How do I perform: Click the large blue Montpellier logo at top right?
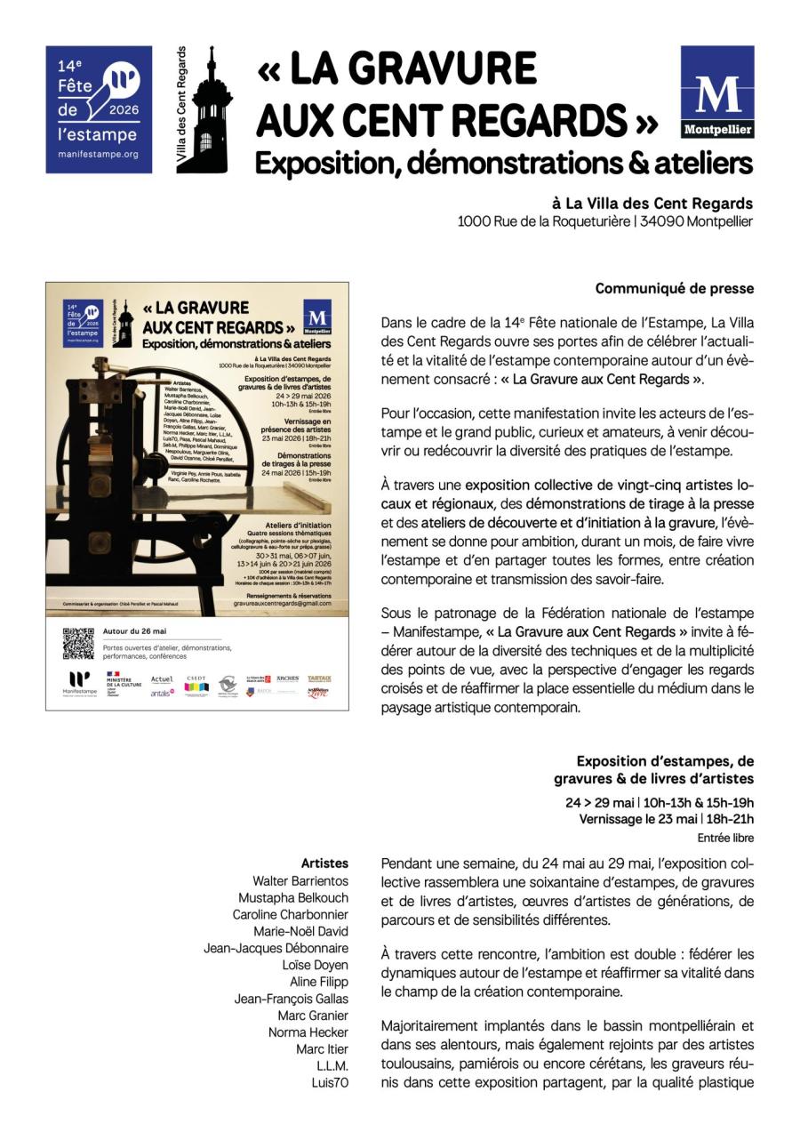(716, 92)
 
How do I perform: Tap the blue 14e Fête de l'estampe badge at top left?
(99, 109)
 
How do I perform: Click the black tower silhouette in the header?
(210, 111)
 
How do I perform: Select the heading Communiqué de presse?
(674, 289)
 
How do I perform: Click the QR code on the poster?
(78, 643)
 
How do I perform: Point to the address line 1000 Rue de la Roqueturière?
(604, 221)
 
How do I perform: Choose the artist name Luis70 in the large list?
(329, 1083)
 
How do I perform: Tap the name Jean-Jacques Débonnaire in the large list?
(276, 948)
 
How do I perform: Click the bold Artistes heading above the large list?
(324, 863)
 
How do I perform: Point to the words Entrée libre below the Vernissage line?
(725, 838)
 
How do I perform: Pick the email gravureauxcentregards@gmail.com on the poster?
(282, 602)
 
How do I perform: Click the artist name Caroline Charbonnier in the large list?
(290, 914)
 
